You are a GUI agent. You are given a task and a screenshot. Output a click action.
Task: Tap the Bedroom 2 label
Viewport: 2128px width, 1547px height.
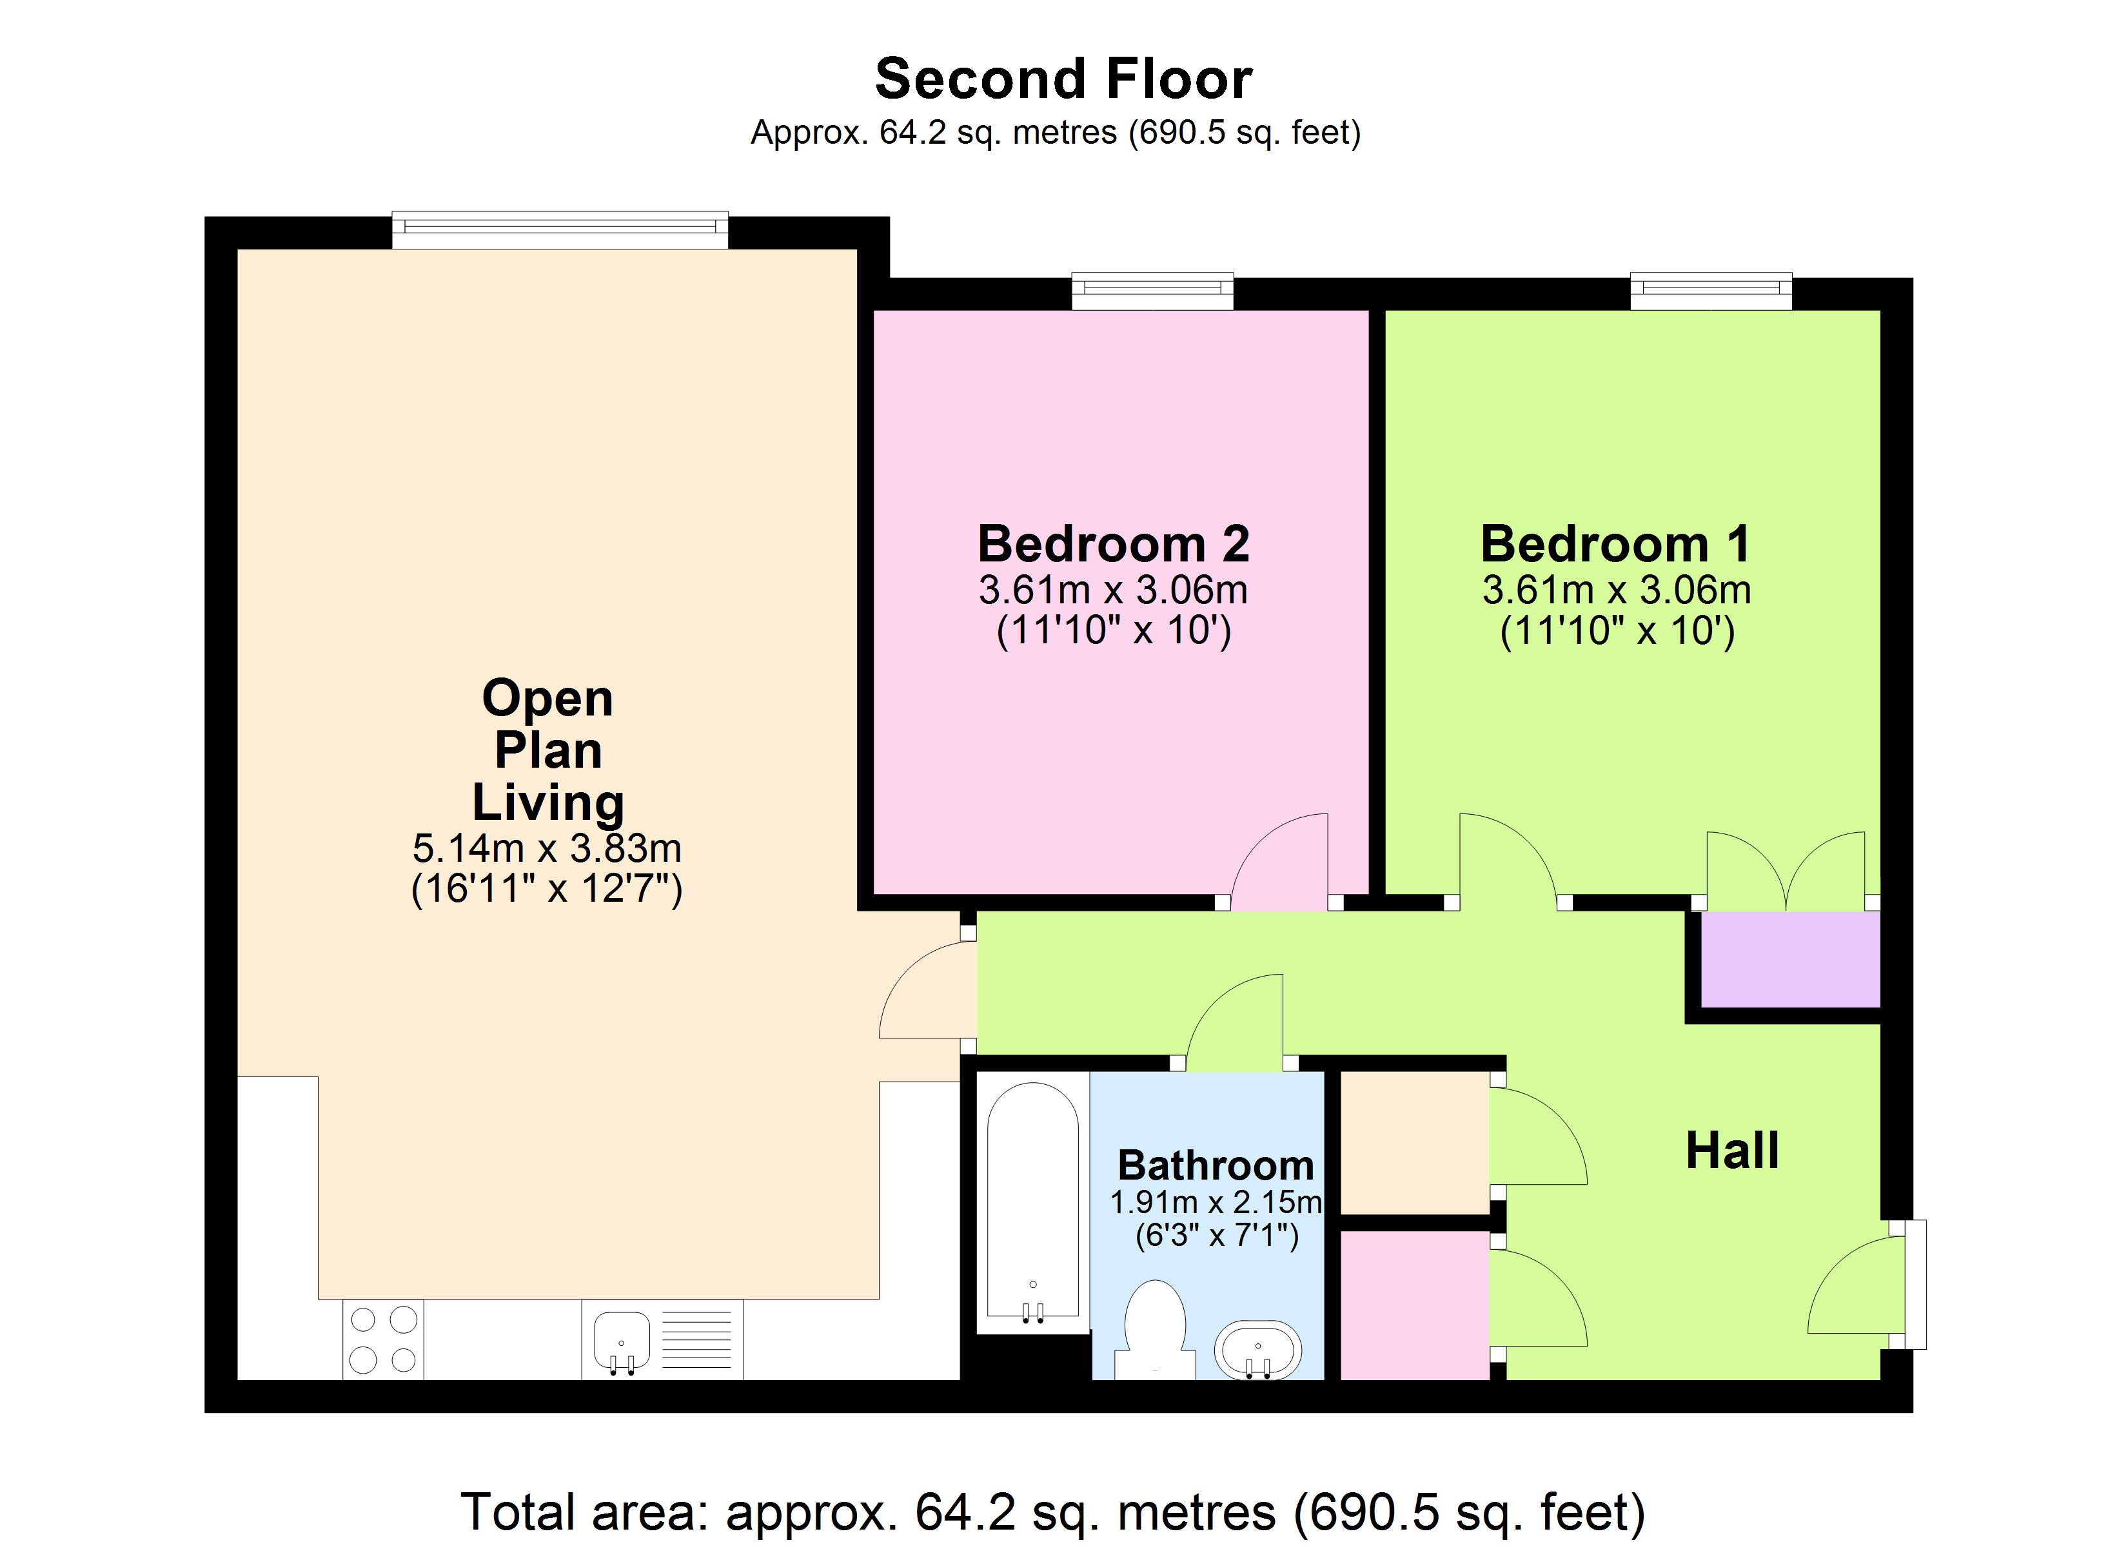coord(1113,544)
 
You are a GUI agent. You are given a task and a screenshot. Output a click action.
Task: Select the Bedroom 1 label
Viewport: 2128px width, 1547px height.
coord(1616,544)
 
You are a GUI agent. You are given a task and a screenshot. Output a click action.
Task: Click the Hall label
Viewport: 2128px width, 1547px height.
coord(1732,1151)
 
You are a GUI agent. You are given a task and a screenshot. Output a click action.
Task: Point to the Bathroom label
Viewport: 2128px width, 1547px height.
coord(1216,1165)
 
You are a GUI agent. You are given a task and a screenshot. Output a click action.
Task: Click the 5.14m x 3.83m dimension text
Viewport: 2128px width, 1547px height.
coord(546,848)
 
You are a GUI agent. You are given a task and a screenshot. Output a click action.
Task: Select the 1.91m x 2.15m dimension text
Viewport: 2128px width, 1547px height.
coord(1216,1202)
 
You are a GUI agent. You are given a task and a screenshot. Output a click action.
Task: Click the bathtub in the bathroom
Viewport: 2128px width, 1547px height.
coord(1033,1205)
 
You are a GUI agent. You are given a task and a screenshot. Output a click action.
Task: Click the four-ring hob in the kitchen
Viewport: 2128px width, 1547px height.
coord(383,1339)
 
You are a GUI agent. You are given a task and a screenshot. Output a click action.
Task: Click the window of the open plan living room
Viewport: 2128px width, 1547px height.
coord(559,231)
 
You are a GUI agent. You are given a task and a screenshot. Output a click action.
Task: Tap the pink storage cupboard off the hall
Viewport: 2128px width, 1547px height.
coord(1415,1305)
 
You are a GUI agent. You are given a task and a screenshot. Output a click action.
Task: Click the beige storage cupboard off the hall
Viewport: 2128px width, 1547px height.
coord(1415,1143)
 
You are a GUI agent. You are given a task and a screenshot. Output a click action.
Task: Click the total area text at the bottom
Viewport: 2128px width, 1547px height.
coord(1053,1512)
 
